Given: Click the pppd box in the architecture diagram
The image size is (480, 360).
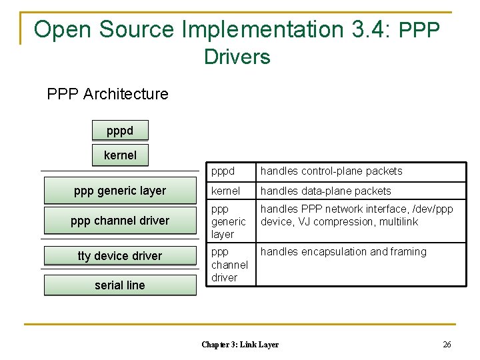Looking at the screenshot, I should point(120,130).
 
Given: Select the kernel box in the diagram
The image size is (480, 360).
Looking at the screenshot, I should point(120,155).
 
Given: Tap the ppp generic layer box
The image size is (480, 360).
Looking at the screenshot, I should point(120,191).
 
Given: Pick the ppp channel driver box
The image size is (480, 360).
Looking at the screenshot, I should point(120,221).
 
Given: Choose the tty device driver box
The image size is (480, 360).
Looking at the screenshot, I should point(120,256).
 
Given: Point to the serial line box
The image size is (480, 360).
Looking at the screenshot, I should point(120,285).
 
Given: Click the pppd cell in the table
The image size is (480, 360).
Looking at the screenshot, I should point(223,171).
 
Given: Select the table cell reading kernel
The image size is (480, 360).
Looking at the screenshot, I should point(226,191).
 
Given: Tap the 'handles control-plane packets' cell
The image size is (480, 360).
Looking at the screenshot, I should point(331,171).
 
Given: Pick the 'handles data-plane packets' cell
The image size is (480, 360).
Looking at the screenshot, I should point(326,191).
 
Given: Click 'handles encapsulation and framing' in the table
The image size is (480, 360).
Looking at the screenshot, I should point(343,251).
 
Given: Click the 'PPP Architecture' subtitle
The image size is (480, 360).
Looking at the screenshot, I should point(108,94).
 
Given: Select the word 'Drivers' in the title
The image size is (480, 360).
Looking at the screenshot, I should point(237,57).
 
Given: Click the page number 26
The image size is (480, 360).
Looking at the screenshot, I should point(447,345).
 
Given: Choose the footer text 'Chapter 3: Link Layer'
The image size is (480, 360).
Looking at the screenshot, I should point(240,345).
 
